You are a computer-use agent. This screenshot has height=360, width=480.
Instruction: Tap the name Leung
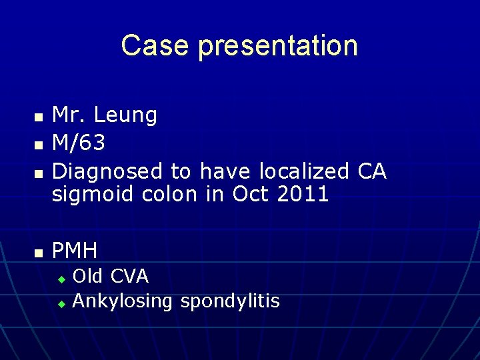(126, 115)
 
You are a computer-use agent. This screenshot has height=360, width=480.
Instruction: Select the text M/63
(79, 143)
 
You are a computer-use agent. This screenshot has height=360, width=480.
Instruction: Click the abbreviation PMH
(75, 251)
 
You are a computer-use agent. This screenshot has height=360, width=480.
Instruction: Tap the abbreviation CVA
(129, 275)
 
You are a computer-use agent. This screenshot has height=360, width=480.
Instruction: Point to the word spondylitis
(230, 301)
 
